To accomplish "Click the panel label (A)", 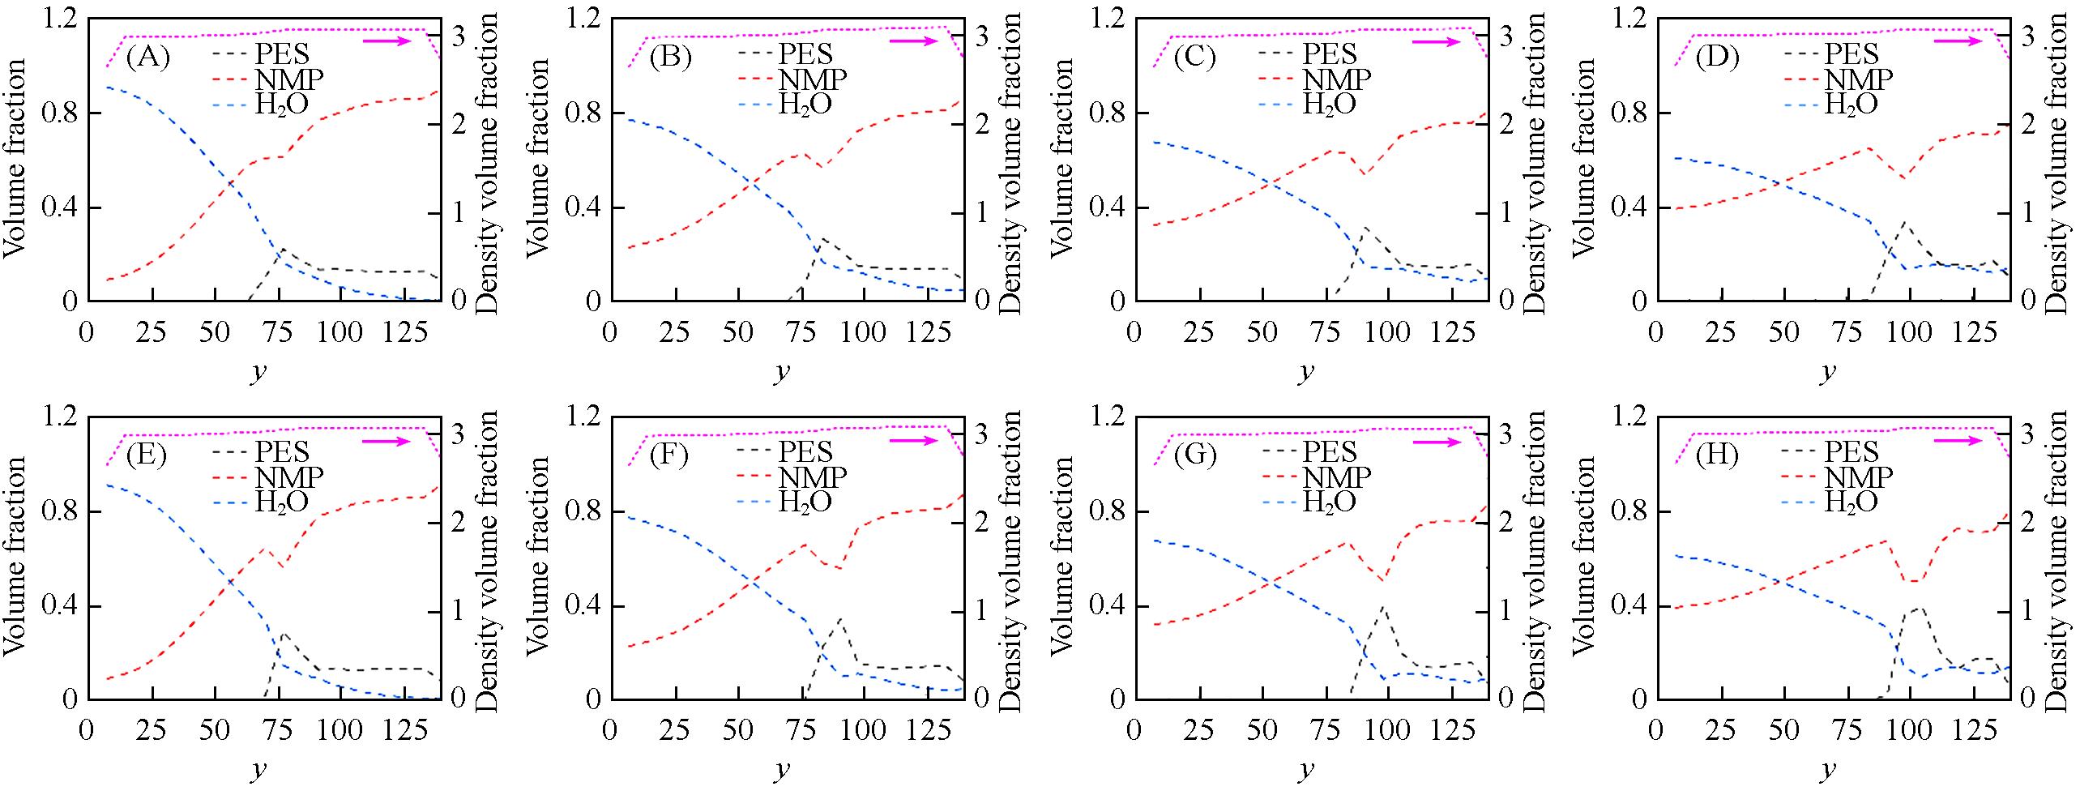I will coord(148,58).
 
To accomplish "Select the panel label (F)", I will coord(669,455).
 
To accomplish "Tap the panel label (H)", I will coord(1717,455).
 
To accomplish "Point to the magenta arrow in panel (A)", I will coord(387,41).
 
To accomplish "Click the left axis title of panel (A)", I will coord(16,159).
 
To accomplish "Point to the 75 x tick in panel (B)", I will coord(801,332).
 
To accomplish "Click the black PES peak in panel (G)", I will coord(1382,607).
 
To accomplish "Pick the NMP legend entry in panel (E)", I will coord(289,477).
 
